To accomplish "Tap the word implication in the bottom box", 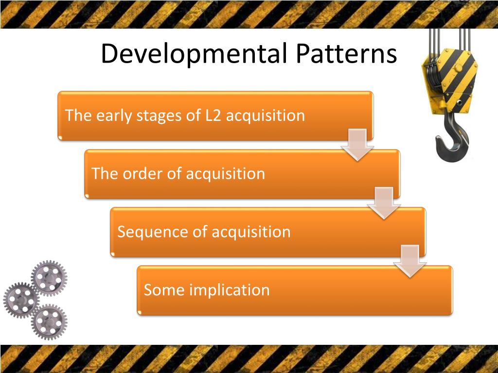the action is (x=229, y=290).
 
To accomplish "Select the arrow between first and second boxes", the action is (x=357, y=145).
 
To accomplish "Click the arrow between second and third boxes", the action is (x=384, y=203).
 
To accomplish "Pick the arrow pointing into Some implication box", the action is (x=410, y=261).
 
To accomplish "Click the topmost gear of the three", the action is (x=49, y=278).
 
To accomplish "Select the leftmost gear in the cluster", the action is (x=20, y=300).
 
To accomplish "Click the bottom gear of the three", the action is (x=49, y=322).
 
